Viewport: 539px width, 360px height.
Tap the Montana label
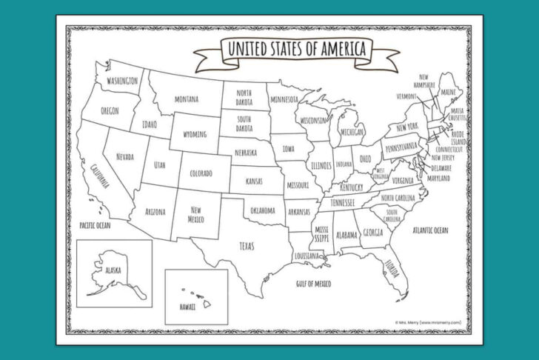click(186, 99)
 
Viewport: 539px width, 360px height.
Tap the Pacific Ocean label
click(94, 224)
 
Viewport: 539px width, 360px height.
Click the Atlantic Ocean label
click(430, 230)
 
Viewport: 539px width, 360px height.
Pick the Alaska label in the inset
click(115, 270)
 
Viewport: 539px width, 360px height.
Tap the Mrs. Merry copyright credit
click(429, 322)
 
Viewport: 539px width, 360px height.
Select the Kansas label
click(255, 181)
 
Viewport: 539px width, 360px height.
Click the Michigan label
click(352, 132)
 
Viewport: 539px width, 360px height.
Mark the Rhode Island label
click(459, 138)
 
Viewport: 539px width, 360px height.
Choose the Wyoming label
click(195, 135)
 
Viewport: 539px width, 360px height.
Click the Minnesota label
click(284, 100)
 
